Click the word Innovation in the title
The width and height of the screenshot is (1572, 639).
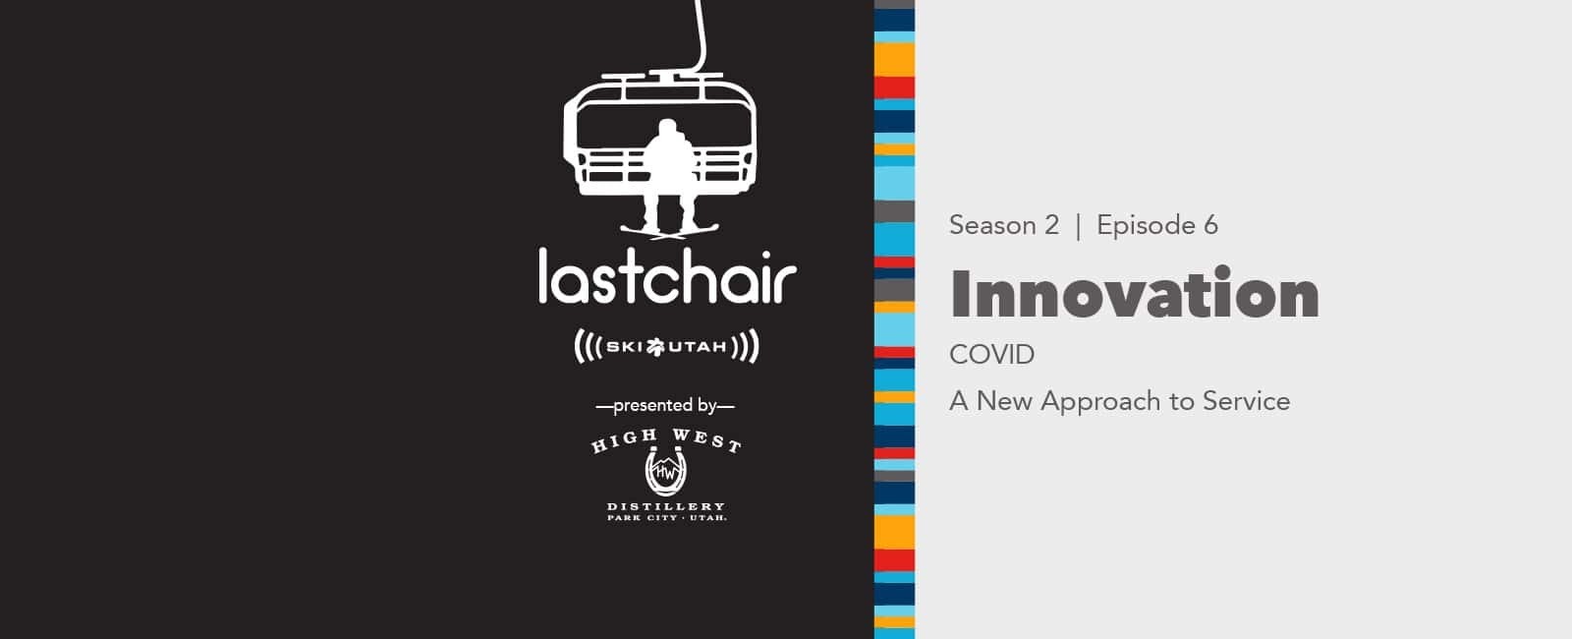pos(1134,294)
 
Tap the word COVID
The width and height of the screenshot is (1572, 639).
pos(991,355)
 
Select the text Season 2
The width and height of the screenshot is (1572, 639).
pos(1003,225)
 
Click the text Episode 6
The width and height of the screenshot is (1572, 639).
pos(1157,225)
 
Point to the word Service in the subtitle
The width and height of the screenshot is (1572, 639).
pos(1247,401)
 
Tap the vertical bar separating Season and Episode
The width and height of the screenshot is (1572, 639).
pos(1078,226)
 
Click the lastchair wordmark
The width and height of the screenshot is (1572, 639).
pos(667,276)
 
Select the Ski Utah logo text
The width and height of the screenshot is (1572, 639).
pos(666,346)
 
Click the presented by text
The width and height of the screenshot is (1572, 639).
pos(664,406)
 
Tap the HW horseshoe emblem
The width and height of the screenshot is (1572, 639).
pos(665,471)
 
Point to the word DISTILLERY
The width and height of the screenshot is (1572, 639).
pos(666,506)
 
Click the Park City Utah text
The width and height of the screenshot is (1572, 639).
pos(667,518)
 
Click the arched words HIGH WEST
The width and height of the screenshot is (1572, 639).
pos(665,440)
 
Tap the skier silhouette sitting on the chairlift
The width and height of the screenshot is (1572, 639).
pos(669,172)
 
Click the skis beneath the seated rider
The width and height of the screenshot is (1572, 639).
pos(669,232)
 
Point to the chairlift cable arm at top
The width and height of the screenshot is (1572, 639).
pos(700,35)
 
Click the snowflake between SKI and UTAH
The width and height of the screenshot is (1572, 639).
pos(655,347)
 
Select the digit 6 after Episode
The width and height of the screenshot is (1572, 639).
pos(1211,225)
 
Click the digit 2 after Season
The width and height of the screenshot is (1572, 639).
pos(1051,225)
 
